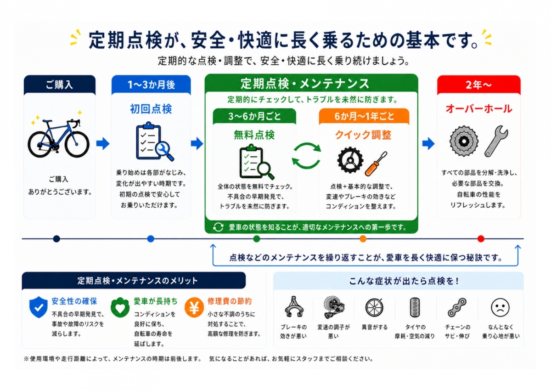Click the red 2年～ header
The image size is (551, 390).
point(478,85)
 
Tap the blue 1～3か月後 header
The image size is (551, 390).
point(151,85)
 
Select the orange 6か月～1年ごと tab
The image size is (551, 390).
point(364,116)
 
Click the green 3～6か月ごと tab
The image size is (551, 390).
point(254,116)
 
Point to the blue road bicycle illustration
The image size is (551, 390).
point(59,138)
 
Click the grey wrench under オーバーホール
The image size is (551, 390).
point(496,141)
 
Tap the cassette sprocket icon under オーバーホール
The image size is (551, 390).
point(464,141)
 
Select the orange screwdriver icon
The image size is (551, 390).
point(376,164)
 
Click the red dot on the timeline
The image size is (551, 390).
point(481,239)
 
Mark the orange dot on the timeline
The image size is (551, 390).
point(363,239)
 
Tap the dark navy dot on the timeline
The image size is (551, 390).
point(56,239)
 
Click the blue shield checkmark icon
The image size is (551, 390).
point(39,307)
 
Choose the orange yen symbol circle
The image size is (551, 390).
point(194,308)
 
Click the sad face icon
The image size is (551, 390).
point(500,307)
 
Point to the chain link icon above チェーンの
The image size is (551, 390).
point(457,307)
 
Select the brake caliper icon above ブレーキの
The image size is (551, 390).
point(294,306)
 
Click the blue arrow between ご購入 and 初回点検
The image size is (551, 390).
point(103,143)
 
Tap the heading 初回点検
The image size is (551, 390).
point(151,109)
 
